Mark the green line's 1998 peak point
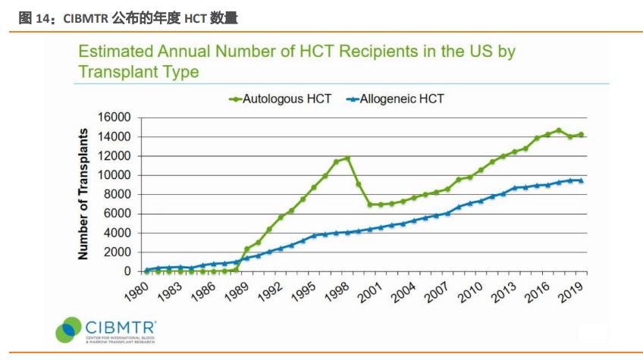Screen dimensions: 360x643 coord(347,158)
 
